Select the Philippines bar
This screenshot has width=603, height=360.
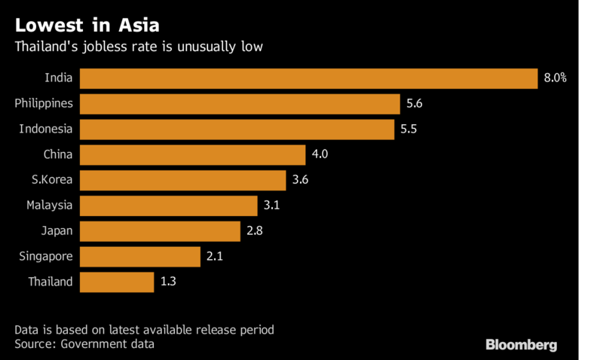240,104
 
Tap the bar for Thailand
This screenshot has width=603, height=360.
116,282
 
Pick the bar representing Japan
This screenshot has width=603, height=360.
160,231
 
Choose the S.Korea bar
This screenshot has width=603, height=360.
182,181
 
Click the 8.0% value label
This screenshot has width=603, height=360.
555,78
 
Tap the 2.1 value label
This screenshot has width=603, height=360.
216,256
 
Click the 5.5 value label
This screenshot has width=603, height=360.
409,130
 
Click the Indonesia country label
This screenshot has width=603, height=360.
46,130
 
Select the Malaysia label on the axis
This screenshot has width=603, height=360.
49,206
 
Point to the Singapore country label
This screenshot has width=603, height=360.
46,256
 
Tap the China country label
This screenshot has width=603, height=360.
58,155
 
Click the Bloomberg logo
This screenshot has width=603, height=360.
521,345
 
